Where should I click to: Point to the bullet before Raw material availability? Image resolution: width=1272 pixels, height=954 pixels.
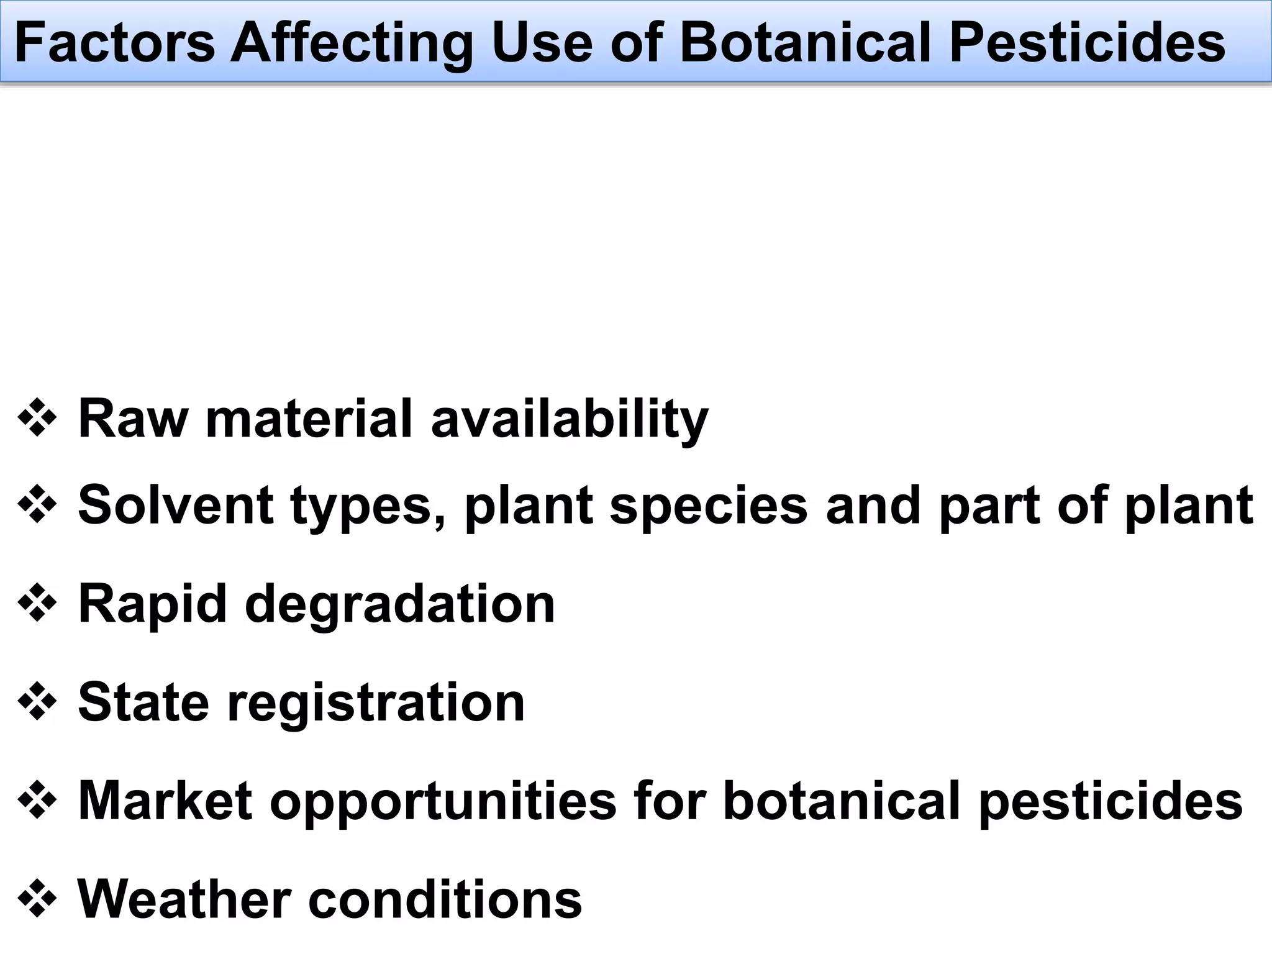(37, 418)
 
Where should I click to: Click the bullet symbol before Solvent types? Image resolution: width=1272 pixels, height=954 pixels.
(37, 505)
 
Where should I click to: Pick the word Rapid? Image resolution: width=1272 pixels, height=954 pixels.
(152, 605)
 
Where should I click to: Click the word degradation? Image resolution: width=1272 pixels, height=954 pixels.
(400, 605)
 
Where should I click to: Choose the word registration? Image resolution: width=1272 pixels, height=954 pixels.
(376, 704)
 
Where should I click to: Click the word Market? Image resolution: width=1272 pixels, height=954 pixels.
(165, 801)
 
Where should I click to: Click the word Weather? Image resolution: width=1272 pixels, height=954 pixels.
(184, 899)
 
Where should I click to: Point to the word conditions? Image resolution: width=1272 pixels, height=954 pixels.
(445, 899)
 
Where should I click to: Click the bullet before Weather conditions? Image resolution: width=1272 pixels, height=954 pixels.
(37, 899)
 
